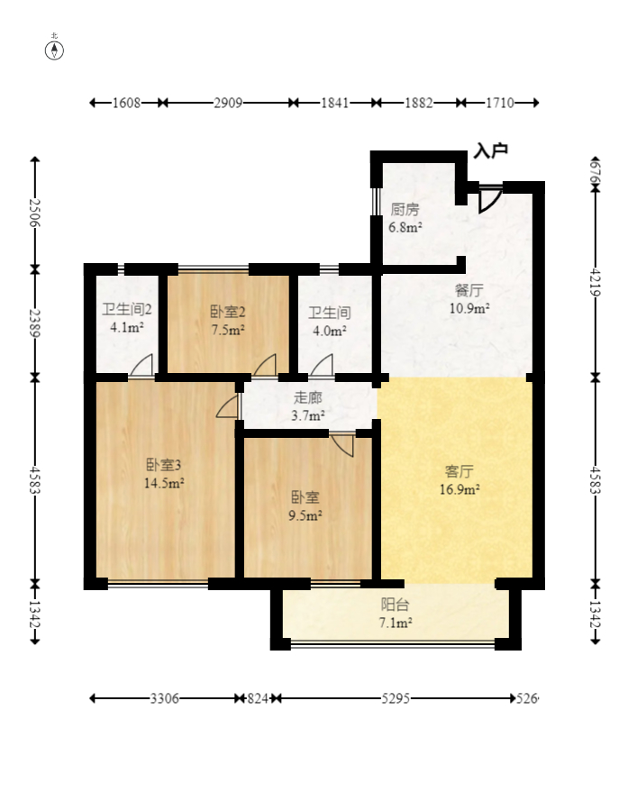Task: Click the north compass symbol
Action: click(54, 50)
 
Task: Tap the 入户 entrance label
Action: click(490, 150)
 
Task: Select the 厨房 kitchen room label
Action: click(405, 209)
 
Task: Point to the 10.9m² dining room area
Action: click(469, 308)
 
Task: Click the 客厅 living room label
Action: click(460, 471)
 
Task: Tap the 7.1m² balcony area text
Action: click(396, 624)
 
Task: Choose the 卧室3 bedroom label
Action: click(163, 465)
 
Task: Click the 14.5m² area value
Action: click(164, 483)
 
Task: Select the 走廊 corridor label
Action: click(307, 398)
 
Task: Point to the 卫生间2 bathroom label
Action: click(127, 310)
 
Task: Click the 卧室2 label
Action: click(228, 312)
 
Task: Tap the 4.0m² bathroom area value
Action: click(330, 331)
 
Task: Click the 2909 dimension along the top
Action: click(228, 104)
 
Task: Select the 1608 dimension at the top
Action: click(126, 104)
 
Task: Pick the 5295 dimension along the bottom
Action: click(396, 698)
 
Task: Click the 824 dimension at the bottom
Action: click(258, 698)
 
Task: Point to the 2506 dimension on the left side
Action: click(35, 213)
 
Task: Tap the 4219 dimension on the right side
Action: click(596, 281)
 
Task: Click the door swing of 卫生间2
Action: click(142, 365)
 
